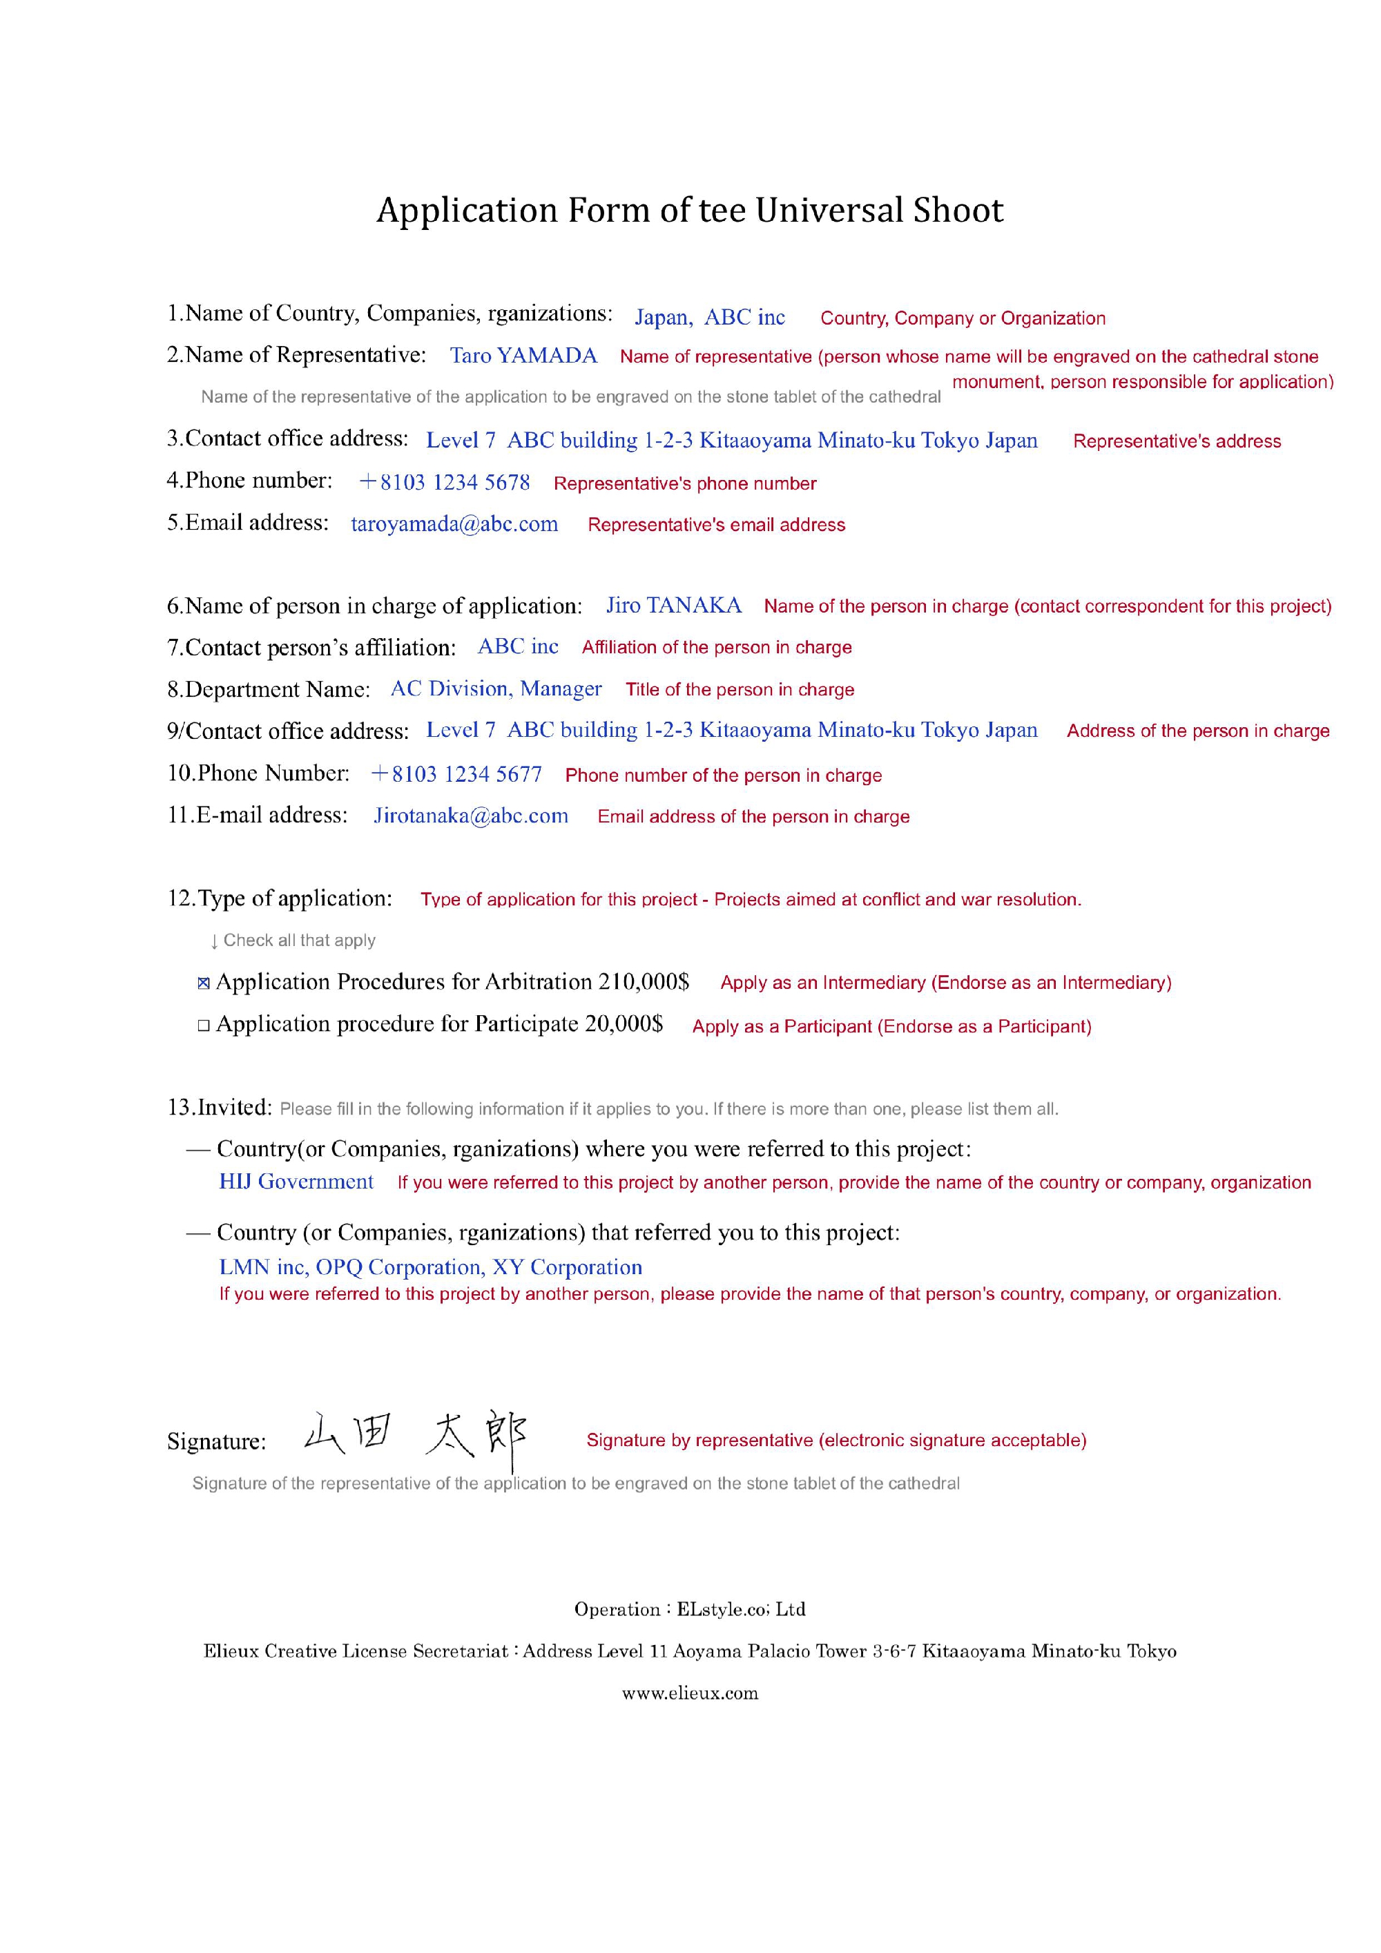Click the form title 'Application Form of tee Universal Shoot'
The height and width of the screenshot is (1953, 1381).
690,210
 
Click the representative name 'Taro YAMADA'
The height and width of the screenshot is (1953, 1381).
523,356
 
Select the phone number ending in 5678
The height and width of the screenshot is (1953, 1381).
444,482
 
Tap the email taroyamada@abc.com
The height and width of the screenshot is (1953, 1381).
454,524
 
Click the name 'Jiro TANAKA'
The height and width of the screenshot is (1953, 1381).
673,605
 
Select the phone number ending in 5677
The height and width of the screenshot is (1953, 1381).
456,774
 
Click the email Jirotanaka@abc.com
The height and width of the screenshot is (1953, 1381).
470,816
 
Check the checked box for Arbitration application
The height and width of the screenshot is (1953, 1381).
203,984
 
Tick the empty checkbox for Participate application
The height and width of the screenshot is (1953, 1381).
203,1026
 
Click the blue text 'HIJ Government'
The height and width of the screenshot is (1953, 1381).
296,1182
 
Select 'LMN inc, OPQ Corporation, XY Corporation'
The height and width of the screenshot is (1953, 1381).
430,1267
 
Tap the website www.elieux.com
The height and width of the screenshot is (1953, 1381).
690,1693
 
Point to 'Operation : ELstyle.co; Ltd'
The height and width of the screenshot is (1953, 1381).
690,1609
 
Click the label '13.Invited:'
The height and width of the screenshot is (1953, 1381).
220,1108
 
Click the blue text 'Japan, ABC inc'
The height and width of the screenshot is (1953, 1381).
709,317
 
